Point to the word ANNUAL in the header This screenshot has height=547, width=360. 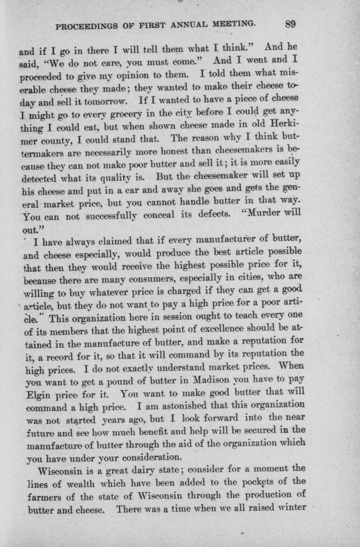tap(190, 25)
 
